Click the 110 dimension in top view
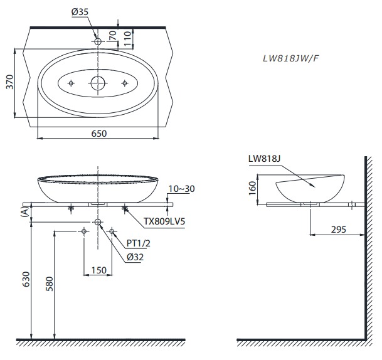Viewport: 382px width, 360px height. point(127,40)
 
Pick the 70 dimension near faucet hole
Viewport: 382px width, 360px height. point(112,35)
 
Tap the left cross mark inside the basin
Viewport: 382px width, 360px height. point(72,83)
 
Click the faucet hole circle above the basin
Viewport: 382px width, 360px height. point(98,41)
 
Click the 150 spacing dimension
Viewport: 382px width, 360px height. point(98,270)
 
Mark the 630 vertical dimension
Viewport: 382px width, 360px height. point(24,280)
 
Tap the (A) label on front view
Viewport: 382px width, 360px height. point(24,213)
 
